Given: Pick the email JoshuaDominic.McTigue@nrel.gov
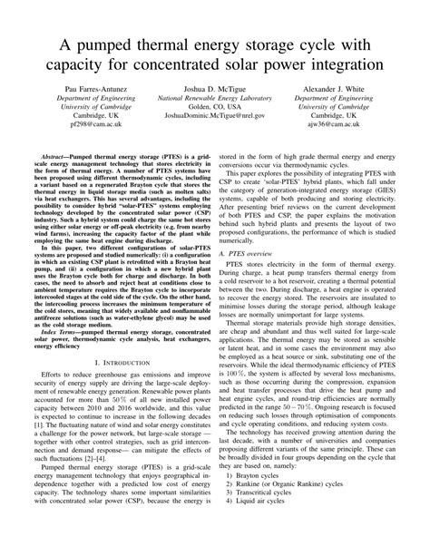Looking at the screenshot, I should [215, 141].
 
